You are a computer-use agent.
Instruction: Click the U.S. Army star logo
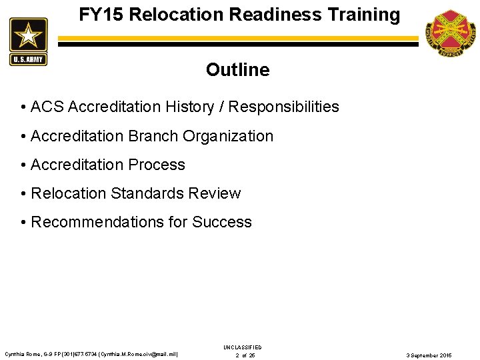tap(28, 41)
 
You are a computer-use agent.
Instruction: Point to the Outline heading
tap(237, 70)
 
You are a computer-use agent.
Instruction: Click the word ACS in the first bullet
tap(47, 107)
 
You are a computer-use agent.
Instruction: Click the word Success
tap(222, 222)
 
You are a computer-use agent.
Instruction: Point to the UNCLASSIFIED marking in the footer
tap(243, 347)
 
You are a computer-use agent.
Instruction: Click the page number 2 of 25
tap(245, 355)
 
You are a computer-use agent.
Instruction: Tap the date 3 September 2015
tap(429, 355)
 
